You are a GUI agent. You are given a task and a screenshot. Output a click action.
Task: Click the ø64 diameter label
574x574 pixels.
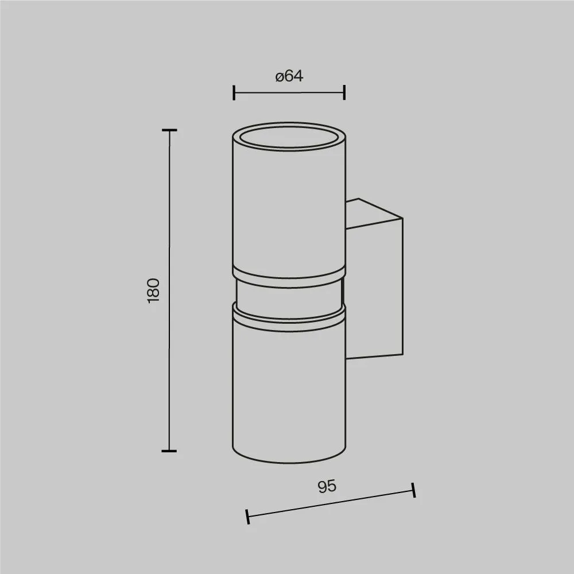coord(289,76)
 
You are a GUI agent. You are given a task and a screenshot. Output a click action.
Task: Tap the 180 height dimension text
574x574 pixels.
coord(154,290)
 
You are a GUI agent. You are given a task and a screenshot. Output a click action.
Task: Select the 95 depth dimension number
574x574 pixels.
coord(327,487)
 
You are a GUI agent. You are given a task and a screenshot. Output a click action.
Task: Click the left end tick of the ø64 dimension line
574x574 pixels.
coord(234,92)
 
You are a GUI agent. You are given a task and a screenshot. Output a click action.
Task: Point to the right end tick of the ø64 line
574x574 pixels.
coord(344,92)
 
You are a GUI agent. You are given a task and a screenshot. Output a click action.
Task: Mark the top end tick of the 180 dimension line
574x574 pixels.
coord(169,130)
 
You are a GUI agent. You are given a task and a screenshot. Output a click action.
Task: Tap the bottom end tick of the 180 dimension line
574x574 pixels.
coord(169,451)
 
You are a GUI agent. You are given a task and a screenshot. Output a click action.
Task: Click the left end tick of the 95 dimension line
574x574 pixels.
coord(248,516)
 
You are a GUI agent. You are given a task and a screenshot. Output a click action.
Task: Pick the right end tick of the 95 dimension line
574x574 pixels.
coord(413,490)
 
